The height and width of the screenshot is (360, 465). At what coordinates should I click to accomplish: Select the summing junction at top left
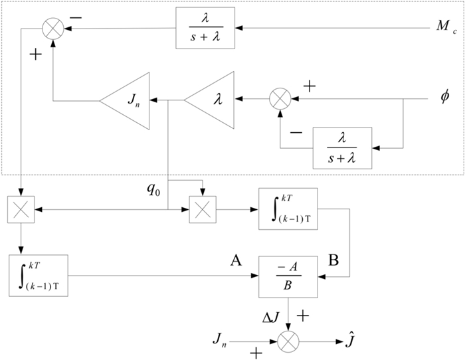point(50,29)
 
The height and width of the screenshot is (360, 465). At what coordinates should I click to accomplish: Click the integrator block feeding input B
point(290,209)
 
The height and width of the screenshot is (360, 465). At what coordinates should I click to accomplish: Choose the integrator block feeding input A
point(39,274)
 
